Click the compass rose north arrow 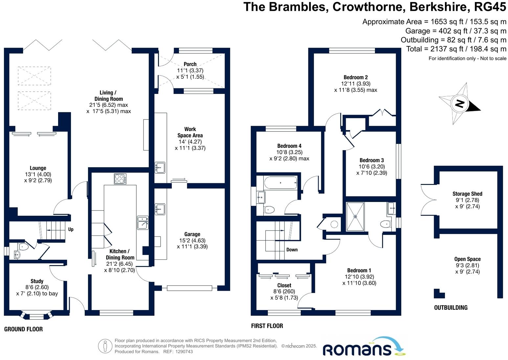(460, 103)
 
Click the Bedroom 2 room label (356, 77)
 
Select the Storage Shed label (467, 194)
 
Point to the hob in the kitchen (120, 179)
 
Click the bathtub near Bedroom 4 (280, 183)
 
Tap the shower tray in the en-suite (355, 217)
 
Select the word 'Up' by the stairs (71, 229)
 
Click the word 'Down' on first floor (292, 250)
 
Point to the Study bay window (36, 316)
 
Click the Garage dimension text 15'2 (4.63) (192, 240)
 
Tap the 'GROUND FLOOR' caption (23, 329)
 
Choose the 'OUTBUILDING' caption (451, 308)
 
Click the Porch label (190, 64)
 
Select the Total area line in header (456, 49)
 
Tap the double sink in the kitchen (143, 222)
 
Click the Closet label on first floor (284, 285)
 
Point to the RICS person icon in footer (105, 346)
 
